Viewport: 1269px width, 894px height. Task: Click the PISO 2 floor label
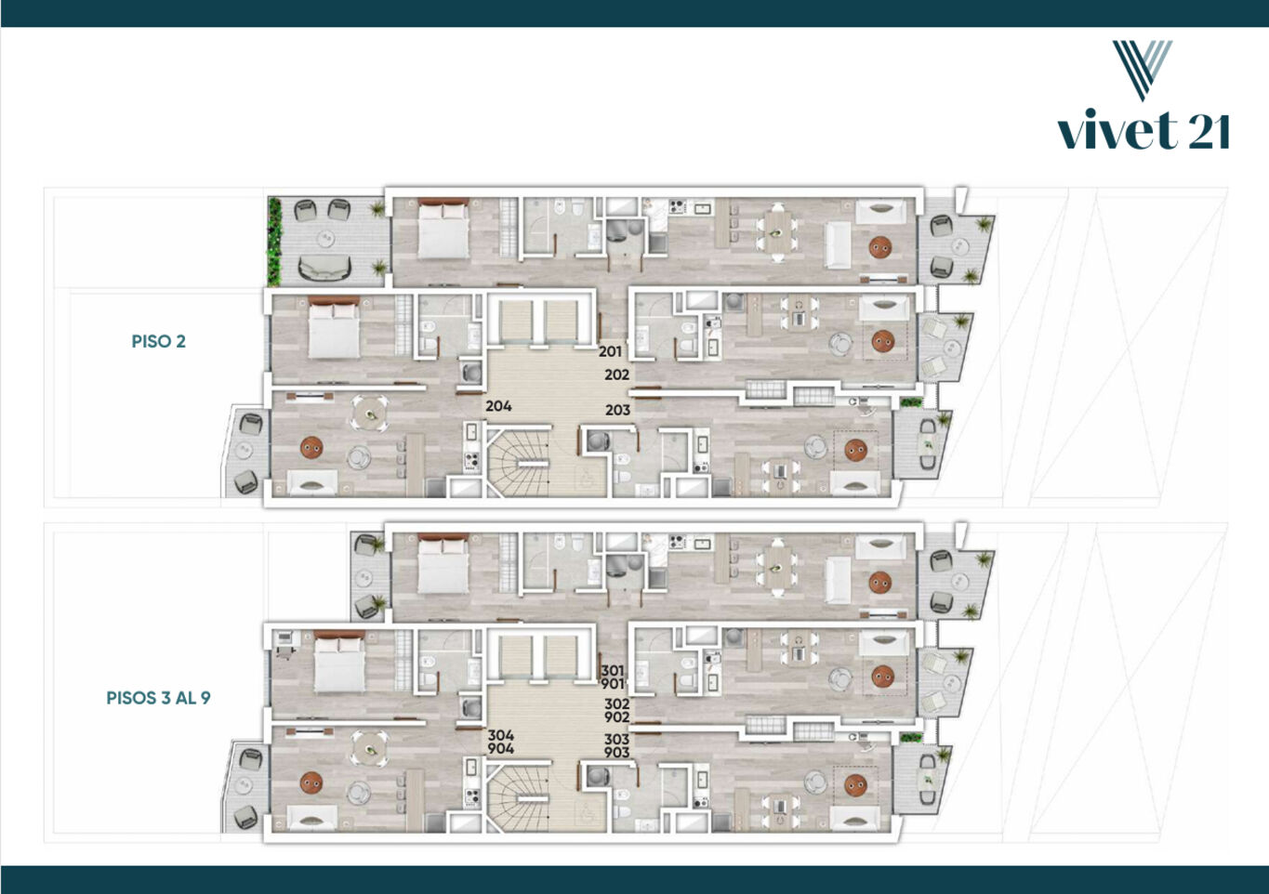(x=159, y=341)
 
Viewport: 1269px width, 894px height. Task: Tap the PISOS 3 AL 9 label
(x=159, y=698)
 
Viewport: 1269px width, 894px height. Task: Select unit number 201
(x=610, y=351)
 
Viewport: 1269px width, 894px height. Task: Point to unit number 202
(x=617, y=375)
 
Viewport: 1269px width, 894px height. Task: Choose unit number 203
(x=617, y=410)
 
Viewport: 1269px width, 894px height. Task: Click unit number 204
(x=498, y=406)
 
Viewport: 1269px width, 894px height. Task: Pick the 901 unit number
(x=613, y=685)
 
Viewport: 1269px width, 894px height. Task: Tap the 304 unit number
(x=501, y=735)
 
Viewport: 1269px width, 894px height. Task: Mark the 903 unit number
(x=617, y=753)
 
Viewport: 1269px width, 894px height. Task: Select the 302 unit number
(x=617, y=703)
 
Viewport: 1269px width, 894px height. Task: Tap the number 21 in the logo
(x=1209, y=131)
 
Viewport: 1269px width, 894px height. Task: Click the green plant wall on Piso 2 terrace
(x=274, y=242)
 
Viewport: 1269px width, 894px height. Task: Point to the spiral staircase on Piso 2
(x=518, y=463)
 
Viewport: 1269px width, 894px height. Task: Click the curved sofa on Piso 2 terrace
(x=324, y=268)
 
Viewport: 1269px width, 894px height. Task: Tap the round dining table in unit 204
(x=369, y=413)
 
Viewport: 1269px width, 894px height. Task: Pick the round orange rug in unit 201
(x=879, y=247)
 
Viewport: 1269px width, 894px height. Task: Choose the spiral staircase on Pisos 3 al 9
(x=518, y=797)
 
